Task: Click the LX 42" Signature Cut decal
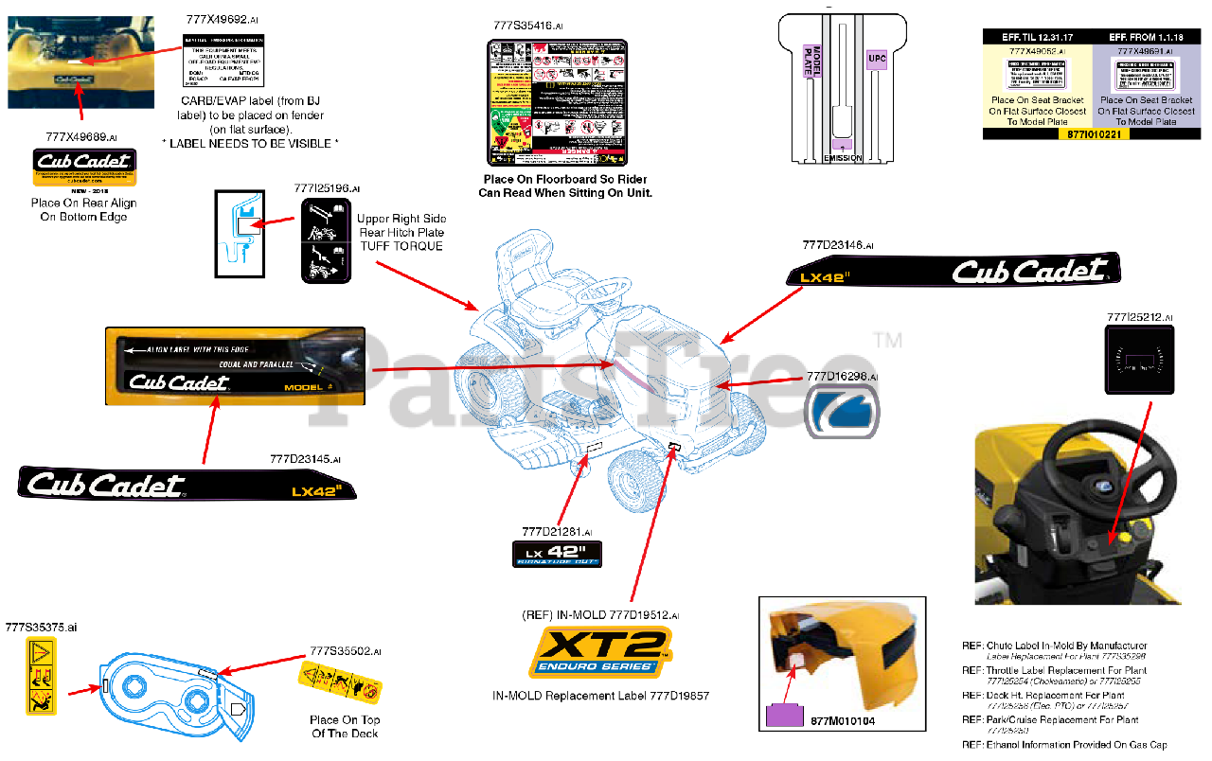coord(557,554)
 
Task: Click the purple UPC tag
coord(877,58)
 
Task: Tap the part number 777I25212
coord(1134,317)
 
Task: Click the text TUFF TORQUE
coord(401,246)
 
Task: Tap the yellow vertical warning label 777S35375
coord(42,676)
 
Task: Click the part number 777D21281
coord(552,531)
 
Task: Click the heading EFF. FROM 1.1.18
coord(1146,37)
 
